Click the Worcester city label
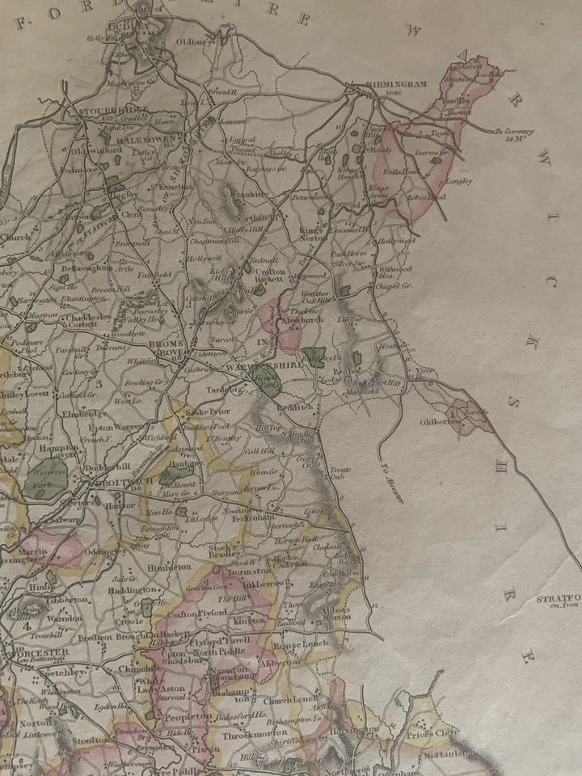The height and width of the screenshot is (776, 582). [34, 651]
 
